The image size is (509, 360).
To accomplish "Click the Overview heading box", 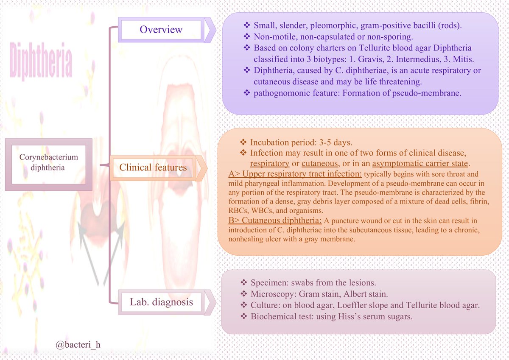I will point(161,30).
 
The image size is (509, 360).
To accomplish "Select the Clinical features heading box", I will point(153,167).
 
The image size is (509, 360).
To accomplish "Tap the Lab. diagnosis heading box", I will point(161,302).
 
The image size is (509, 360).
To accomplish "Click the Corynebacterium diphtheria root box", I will point(49,162).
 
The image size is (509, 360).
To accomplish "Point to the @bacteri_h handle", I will point(78,345).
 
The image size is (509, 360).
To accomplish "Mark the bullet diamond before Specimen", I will point(243,282).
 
